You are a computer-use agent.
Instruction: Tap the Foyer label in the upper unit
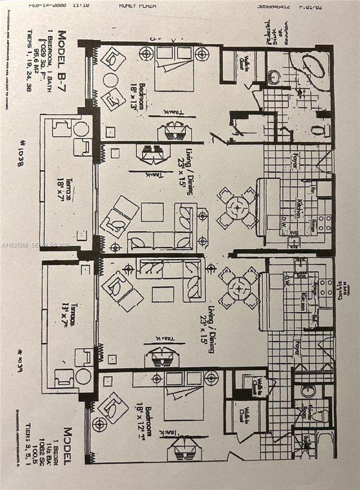pos(295,160)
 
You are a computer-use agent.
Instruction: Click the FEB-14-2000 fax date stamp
pos(47,6)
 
